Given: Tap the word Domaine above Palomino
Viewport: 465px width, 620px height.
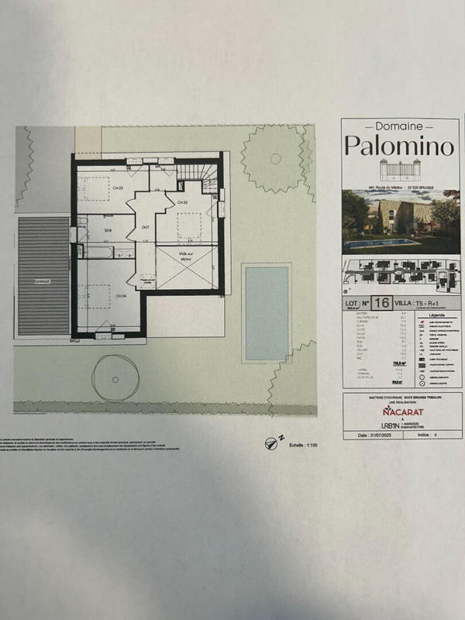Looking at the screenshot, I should point(396,126).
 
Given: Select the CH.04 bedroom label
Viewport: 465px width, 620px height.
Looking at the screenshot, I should point(120,295).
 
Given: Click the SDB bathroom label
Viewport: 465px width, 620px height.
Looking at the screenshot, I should point(108,230).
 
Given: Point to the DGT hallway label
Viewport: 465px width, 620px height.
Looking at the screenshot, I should point(145,227).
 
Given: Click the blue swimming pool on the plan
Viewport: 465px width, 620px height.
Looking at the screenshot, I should point(266,312).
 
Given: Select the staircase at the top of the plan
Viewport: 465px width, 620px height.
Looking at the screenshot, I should point(197,177).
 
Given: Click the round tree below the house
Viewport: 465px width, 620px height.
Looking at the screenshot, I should point(114,377).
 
